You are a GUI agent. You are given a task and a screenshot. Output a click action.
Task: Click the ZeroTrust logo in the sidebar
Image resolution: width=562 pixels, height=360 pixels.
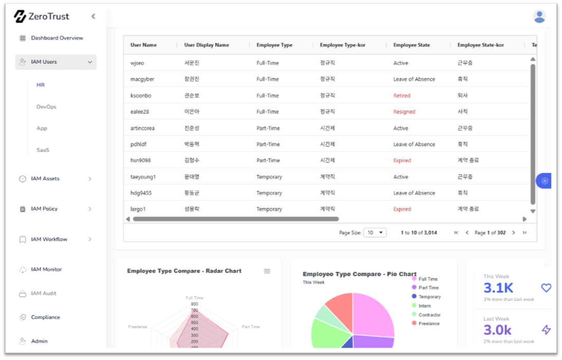(x=41, y=16)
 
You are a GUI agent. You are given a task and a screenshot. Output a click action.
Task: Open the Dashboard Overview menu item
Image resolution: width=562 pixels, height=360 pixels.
(x=57, y=38)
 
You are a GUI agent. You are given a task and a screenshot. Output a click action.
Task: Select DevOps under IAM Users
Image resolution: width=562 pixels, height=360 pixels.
(x=46, y=107)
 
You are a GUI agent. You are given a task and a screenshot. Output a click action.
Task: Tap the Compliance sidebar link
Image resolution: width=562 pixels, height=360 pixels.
(x=46, y=317)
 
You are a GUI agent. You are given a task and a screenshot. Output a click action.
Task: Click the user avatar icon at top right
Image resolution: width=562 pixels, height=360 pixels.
(x=539, y=16)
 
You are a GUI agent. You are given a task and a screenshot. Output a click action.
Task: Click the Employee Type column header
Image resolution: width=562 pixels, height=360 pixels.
(x=274, y=45)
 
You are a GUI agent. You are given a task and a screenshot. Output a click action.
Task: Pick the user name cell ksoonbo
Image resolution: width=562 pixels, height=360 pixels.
(x=141, y=96)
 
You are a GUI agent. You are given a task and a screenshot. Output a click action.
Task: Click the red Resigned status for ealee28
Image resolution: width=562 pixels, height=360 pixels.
(x=404, y=112)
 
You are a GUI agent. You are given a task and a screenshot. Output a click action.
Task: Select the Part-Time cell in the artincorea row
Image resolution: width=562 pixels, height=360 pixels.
(x=268, y=128)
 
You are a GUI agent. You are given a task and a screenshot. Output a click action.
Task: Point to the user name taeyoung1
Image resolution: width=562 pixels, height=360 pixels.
(x=143, y=177)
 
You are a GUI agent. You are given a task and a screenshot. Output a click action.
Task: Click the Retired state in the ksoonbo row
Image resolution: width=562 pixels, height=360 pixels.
(x=402, y=96)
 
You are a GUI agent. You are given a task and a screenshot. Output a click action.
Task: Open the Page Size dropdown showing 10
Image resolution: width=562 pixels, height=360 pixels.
(x=375, y=233)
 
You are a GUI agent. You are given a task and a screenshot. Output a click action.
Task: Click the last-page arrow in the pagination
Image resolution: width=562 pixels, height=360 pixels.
(x=524, y=233)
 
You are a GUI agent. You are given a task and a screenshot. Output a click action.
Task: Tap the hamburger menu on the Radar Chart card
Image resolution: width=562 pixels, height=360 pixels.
(x=267, y=271)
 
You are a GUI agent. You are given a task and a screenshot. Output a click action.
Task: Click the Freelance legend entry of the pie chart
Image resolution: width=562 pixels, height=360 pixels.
(x=426, y=324)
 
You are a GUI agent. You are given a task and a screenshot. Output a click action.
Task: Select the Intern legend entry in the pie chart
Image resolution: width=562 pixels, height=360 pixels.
(x=421, y=306)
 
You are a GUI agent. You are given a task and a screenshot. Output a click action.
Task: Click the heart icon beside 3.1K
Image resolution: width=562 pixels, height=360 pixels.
(x=546, y=288)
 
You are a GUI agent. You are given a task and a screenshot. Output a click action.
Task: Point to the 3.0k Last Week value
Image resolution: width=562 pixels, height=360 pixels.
(x=497, y=330)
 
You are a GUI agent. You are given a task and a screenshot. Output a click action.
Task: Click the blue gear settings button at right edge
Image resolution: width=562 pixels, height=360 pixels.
(x=544, y=181)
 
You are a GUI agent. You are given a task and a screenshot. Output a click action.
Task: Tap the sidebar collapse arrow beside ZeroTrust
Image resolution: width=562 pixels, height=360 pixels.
(x=93, y=16)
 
